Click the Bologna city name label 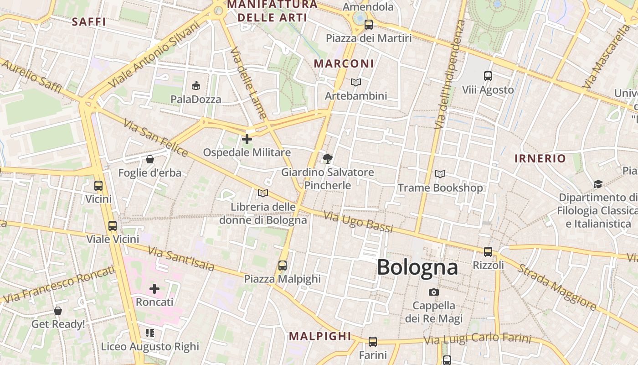(417, 267)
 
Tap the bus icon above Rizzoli (488, 251)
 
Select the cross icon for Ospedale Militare (247, 139)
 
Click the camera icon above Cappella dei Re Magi (433, 292)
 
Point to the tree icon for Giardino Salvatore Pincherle (327, 159)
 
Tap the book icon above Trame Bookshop (440, 174)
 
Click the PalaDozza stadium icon (196, 85)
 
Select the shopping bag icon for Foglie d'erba (149, 159)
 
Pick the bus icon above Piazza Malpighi (283, 265)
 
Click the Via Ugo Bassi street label (358, 222)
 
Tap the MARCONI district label (344, 64)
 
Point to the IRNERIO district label (540, 159)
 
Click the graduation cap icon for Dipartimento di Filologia (597, 184)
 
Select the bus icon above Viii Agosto (488, 76)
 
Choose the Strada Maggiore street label (556, 287)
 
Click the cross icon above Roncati (154, 288)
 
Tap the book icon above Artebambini (356, 82)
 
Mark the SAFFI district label (89, 21)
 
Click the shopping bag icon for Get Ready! (58, 311)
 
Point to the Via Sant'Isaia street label (181, 258)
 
